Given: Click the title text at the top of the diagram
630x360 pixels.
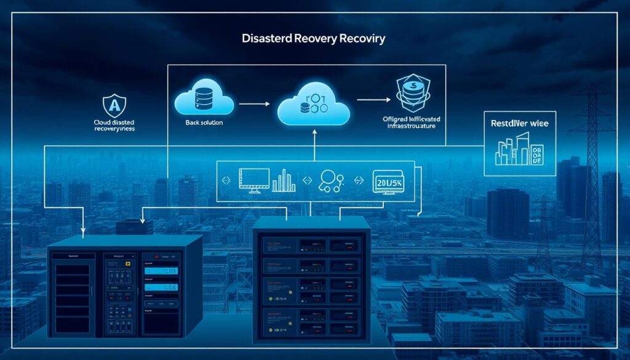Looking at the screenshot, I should click(314, 39).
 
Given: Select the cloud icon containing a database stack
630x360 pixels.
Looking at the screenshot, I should click(204, 102).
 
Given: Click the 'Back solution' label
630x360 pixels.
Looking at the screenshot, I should click(204, 123).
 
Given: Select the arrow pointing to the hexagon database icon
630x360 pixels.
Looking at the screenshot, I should click(373, 99).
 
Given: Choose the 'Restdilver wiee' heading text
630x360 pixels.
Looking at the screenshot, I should click(520, 123).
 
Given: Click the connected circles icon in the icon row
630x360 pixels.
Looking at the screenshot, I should click(330, 180).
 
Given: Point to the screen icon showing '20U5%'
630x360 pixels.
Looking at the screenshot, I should click(388, 182).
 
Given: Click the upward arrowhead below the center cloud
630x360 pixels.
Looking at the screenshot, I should click(314, 132).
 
